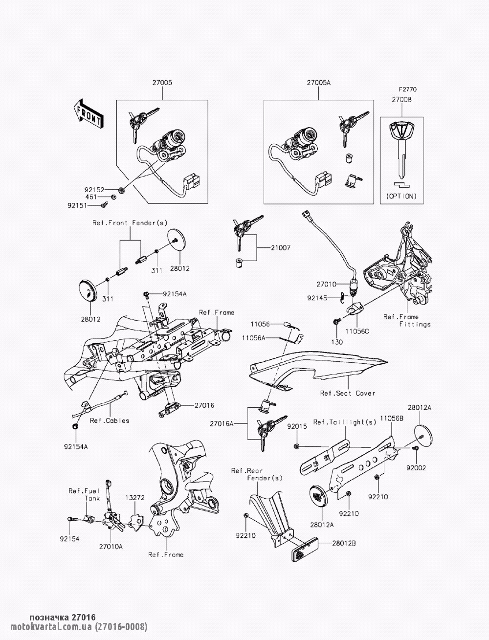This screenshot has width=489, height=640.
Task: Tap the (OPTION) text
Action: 401,196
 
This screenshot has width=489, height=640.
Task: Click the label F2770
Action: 407,90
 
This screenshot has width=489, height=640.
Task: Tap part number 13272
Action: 135,497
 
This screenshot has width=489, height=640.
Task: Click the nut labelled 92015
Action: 297,446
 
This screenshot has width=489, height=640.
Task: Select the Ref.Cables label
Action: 110,420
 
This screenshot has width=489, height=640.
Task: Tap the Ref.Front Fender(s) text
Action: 130,223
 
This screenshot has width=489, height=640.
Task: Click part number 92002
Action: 416,467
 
